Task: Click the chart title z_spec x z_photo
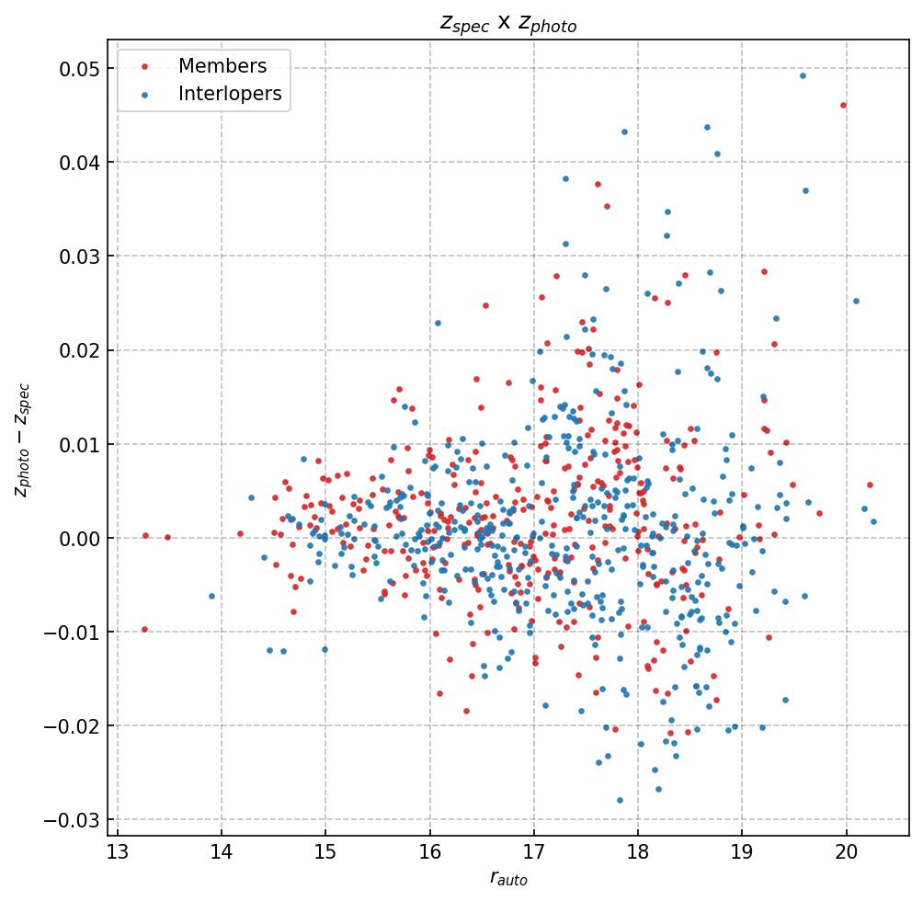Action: click(x=508, y=24)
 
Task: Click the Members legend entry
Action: click(x=222, y=66)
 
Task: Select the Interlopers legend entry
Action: click(x=229, y=94)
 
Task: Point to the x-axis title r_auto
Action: click(x=508, y=879)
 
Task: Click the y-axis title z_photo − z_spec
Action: click(x=22, y=439)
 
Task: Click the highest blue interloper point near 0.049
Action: click(x=803, y=75)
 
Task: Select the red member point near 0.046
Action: click(x=843, y=105)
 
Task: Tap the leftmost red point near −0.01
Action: click(x=144, y=629)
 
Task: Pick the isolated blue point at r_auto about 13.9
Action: click(x=211, y=596)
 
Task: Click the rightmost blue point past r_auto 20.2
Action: click(x=873, y=521)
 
